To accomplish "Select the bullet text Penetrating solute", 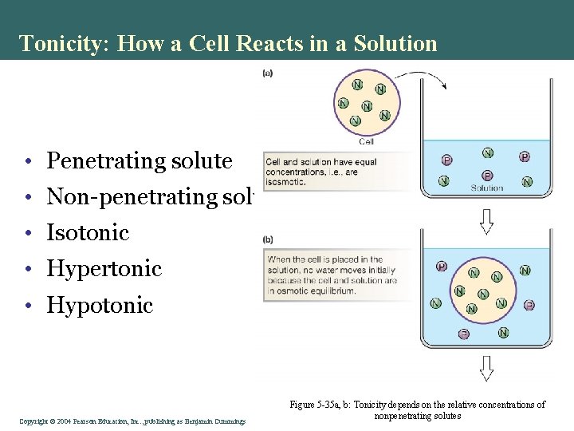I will [x=140, y=161].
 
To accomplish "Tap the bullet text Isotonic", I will [x=88, y=233].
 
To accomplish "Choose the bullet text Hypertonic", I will [x=104, y=269].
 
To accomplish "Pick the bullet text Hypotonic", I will [x=100, y=305].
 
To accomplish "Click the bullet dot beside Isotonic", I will [x=27, y=234].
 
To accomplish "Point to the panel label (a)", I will [x=268, y=73].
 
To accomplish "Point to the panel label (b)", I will [x=268, y=239].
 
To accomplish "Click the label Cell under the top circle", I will [x=367, y=141].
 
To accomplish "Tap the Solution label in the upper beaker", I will [x=487, y=188].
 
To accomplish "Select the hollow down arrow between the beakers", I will [x=486, y=221].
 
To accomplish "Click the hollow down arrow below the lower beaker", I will [x=486, y=368].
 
